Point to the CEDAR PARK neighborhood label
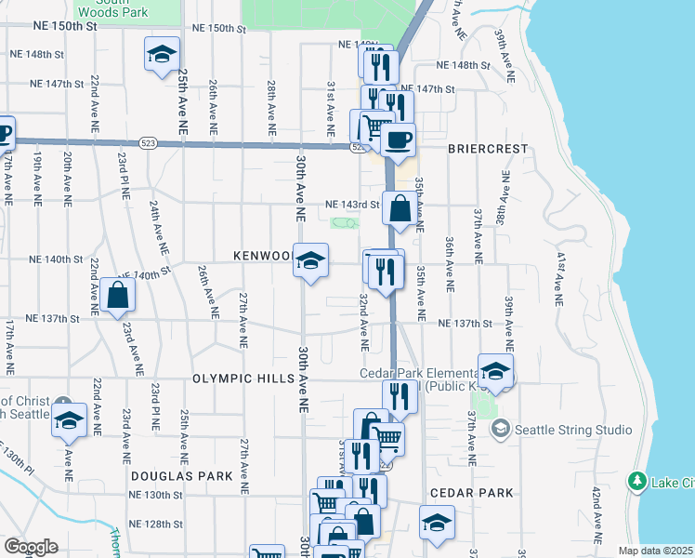pos(466,493)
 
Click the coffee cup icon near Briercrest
pos(399,140)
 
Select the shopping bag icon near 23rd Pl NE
pos(118,296)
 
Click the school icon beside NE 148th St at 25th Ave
pos(162,54)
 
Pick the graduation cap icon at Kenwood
pos(310,259)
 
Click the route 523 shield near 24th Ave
pos(148,143)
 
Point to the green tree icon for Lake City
pos(637,481)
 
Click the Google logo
pos(31,547)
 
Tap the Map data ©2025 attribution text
pos(656,551)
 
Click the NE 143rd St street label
pos(352,205)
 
